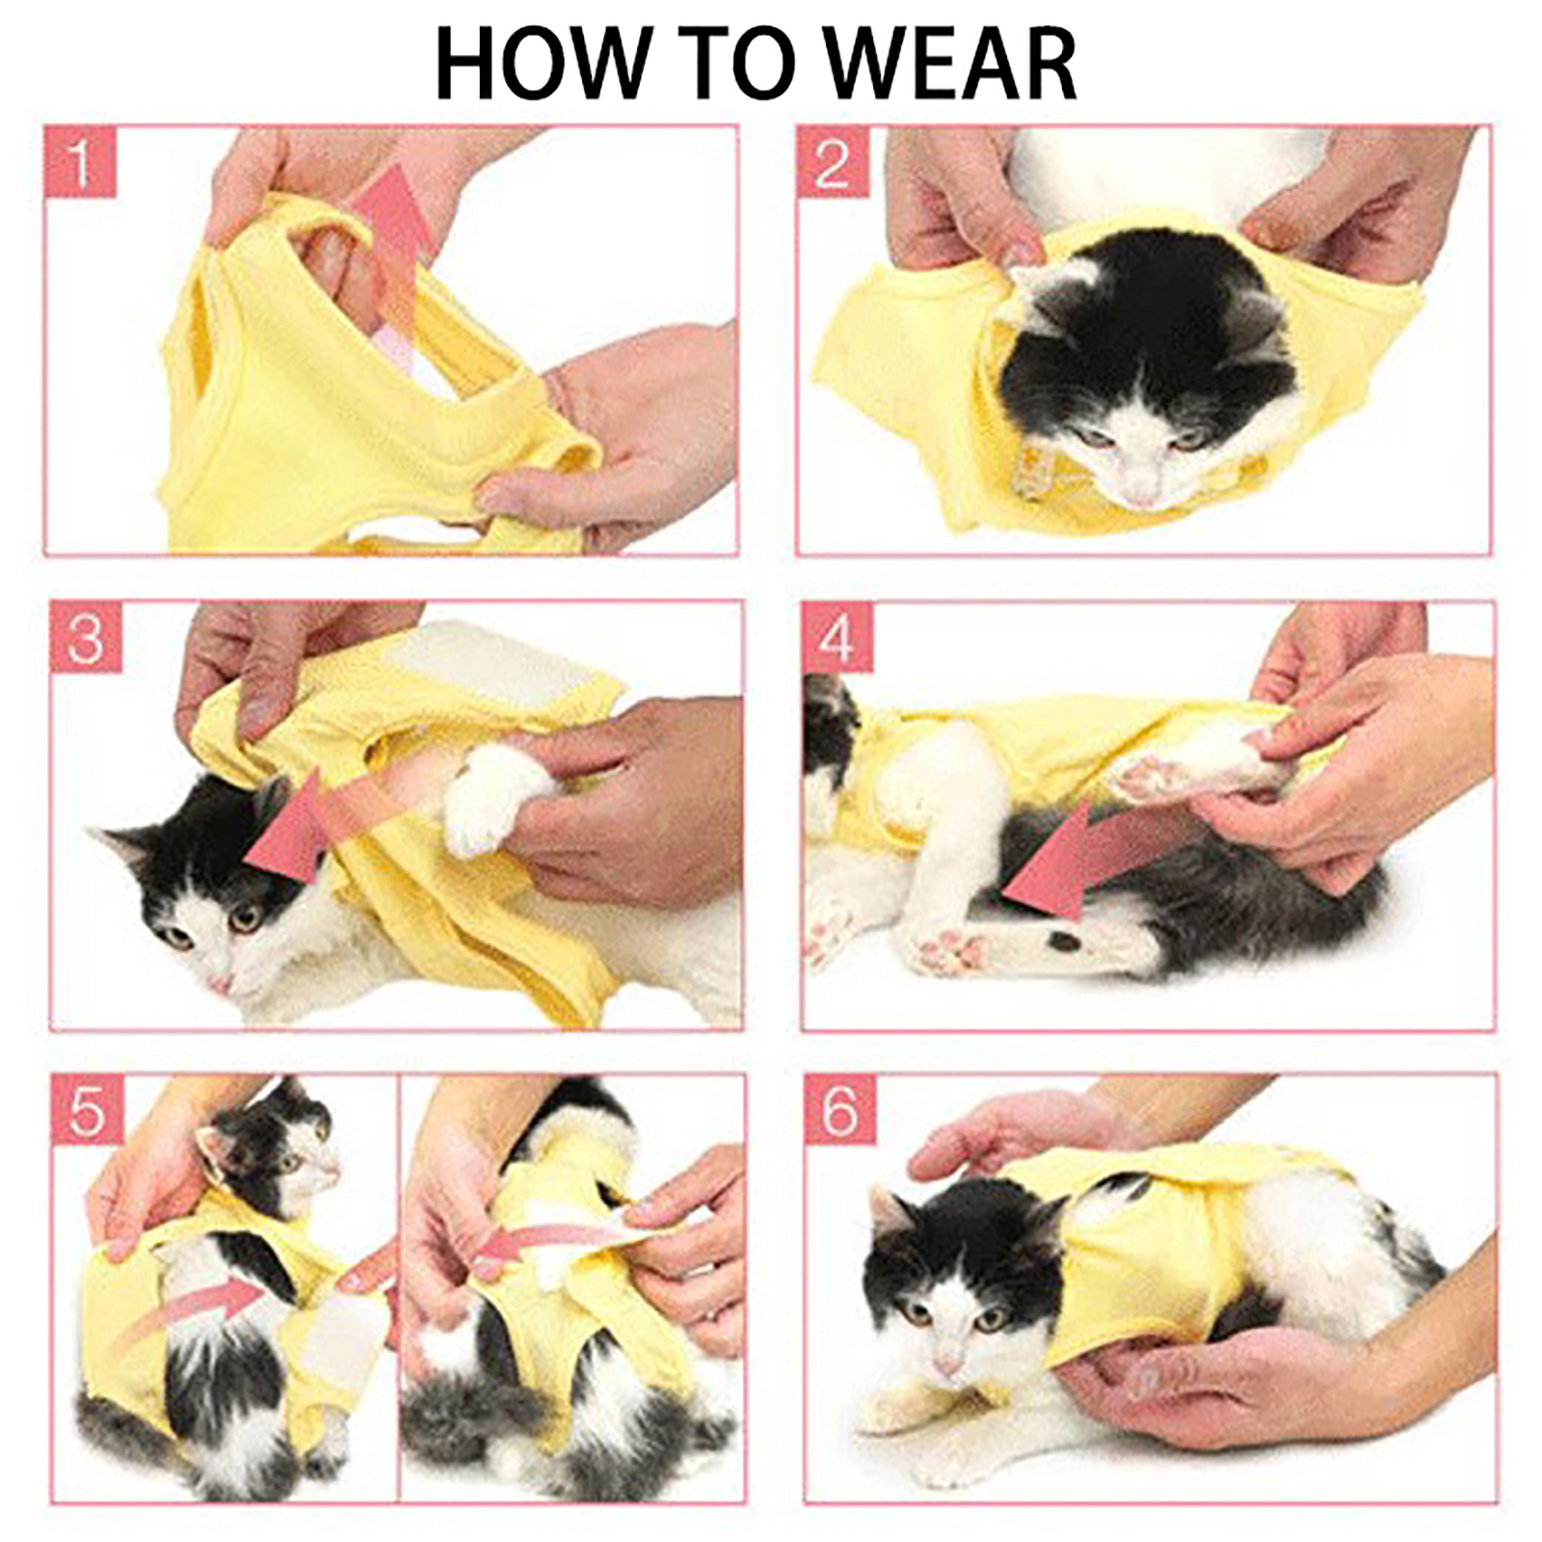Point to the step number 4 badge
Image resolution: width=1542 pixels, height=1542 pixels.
[837, 637]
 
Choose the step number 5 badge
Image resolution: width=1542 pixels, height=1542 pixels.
[87, 1109]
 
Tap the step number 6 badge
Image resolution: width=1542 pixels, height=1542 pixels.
[838, 1110]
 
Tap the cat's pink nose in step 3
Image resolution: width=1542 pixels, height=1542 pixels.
[221, 982]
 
